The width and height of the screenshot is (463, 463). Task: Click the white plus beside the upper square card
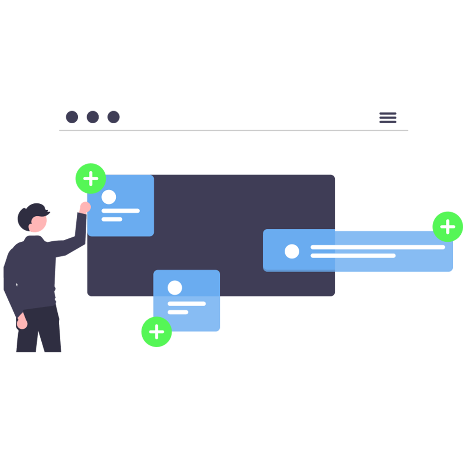tap(91, 178)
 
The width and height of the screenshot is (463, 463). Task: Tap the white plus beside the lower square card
tap(157, 332)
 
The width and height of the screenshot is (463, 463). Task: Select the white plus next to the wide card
tap(448, 227)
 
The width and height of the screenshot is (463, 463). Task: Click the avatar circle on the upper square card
tap(109, 197)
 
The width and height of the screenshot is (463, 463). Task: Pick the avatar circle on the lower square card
tap(175, 288)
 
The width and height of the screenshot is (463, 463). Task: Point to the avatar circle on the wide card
tap(292, 251)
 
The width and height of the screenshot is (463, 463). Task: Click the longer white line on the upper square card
tap(120, 211)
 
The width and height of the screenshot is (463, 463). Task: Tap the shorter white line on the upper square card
tap(112, 219)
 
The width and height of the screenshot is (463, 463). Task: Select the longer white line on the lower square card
tap(187, 304)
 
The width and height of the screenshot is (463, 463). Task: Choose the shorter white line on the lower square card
tap(178, 312)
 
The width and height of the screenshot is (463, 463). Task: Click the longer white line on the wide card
tap(377, 248)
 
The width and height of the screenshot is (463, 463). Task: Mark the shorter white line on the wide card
tap(353, 256)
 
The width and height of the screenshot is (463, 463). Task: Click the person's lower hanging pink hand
tap(21, 322)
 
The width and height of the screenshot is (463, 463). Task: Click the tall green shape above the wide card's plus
tap(442, 185)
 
